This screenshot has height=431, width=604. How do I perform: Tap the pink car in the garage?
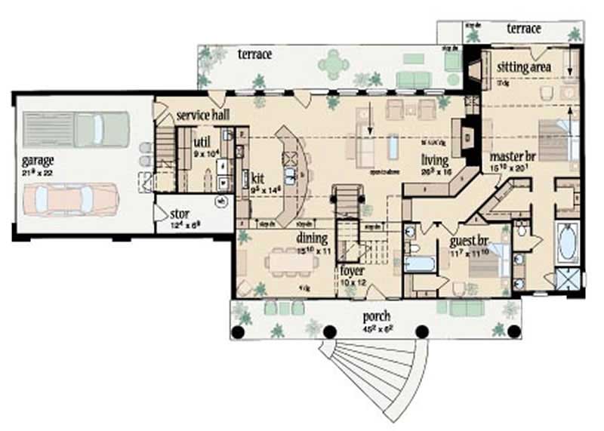click(x=68, y=200)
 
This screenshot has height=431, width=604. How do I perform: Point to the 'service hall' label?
click(x=203, y=115)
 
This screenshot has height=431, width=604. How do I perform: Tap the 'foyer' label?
click(x=352, y=270)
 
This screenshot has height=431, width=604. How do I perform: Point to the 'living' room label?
click(x=436, y=160)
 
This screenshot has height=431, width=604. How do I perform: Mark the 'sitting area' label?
click(x=524, y=67)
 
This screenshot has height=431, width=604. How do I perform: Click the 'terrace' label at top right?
click(x=523, y=29)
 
